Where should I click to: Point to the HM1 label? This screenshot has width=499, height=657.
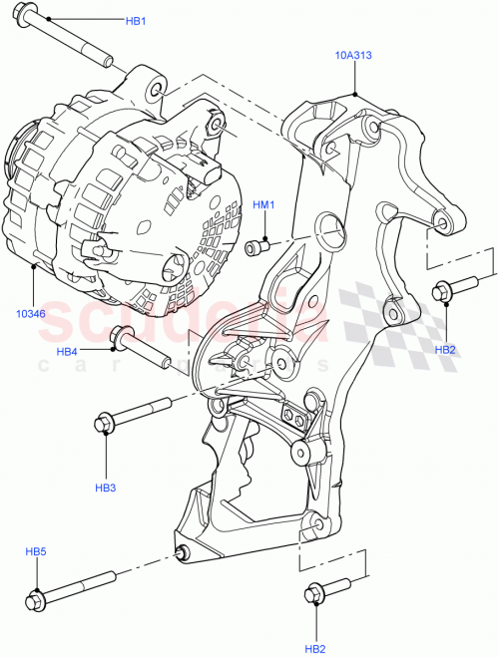click(x=262, y=205)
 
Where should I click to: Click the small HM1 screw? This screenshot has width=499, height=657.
click(x=256, y=246)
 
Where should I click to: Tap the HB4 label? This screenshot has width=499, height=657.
click(x=67, y=351)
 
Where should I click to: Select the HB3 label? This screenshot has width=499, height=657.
click(x=106, y=488)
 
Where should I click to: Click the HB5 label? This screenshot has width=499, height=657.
click(x=36, y=552)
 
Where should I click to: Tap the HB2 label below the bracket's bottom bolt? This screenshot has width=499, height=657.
click(x=315, y=649)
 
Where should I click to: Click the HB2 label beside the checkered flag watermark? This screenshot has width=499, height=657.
click(x=445, y=350)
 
